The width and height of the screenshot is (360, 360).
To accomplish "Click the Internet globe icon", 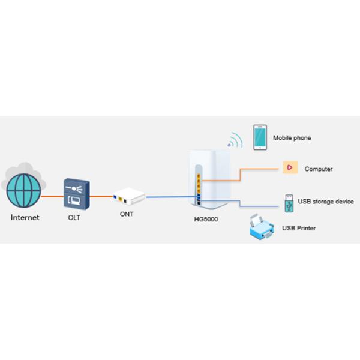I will pyautogui.click(x=25, y=191).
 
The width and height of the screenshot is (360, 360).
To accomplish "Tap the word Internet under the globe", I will pyautogui.click(x=25, y=218).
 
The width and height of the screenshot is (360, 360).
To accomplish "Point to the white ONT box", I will pyautogui.click(x=128, y=196).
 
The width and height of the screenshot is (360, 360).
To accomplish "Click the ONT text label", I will pyautogui.click(x=126, y=214).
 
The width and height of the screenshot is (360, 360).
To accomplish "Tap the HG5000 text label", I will pyautogui.click(x=206, y=219).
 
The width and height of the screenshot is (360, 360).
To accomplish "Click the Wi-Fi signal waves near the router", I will pyautogui.click(x=235, y=142).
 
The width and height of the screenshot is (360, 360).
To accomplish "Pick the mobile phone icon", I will pyautogui.click(x=260, y=137).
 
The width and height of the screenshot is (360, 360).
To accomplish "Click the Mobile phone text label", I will pyautogui.click(x=292, y=138).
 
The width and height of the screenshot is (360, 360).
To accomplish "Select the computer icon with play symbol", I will pyautogui.click(x=290, y=169).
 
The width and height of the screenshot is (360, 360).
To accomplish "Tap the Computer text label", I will pyautogui.click(x=319, y=169).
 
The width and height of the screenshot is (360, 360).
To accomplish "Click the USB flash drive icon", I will pyautogui.click(x=289, y=203).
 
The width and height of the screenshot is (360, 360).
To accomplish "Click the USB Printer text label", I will pyautogui.click(x=299, y=229).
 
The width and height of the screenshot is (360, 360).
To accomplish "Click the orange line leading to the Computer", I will pyautogui.click(x=252, y=169).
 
